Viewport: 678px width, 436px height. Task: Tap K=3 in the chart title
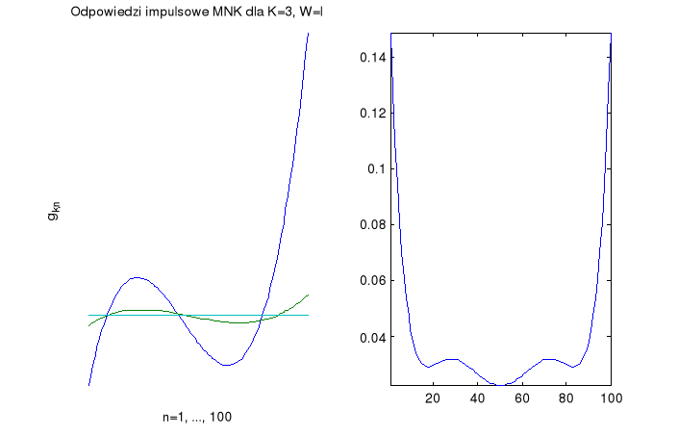(281, 13)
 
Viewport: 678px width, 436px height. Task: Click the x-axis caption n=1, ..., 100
(198, 418)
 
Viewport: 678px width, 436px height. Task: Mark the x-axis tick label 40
(478, 397)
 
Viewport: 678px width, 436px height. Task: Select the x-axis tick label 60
(522, 397)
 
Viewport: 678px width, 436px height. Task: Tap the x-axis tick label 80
(566, 397)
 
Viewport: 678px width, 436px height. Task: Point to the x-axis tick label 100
(609, 397)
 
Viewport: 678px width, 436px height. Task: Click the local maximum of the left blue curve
(137, 277)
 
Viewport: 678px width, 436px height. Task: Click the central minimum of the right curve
(501, 385)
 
